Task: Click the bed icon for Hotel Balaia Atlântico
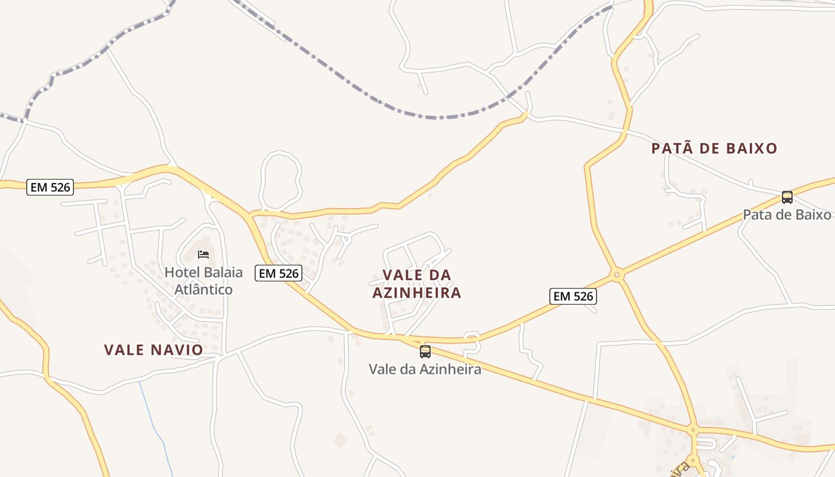203,255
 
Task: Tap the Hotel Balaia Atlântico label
203,281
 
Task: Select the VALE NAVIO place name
154,350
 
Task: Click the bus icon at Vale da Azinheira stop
425,352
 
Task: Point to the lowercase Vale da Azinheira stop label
425,369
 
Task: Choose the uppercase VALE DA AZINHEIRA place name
417,284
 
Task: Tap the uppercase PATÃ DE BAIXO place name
714,148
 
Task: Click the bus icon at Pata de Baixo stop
787,197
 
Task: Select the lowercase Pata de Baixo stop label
786,215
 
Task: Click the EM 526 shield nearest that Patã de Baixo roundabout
573,296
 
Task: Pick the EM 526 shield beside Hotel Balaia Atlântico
279,274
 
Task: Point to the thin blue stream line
152,417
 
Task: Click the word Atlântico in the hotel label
203,290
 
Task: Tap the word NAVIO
177,350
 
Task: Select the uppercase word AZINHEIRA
417,293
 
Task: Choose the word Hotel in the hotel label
181,272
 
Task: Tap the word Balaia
222,272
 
